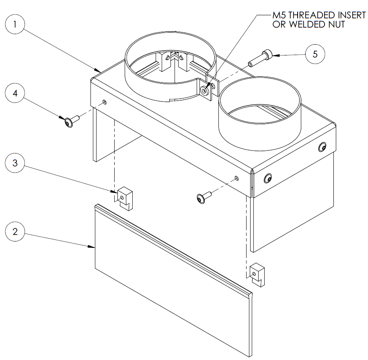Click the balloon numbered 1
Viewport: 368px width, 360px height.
[15, 24]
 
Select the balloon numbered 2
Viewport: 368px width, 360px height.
[15, 232]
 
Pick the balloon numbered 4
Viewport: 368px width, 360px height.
[15, 94]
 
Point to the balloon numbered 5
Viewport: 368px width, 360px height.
[315, 54]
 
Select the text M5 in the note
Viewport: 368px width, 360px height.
[279, 15]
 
